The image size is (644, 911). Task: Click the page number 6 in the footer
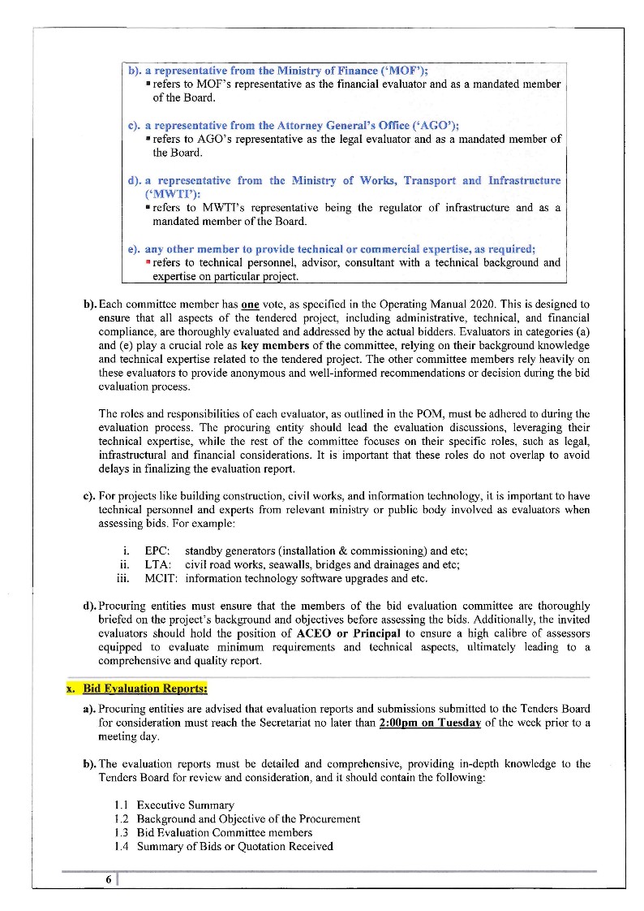[x=108, y=880]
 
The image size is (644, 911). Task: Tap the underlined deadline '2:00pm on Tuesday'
[x=430, y=723]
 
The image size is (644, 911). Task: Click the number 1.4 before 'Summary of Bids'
[x=122, y=846]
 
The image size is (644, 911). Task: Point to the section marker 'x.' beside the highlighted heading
[x=71, y=689]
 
